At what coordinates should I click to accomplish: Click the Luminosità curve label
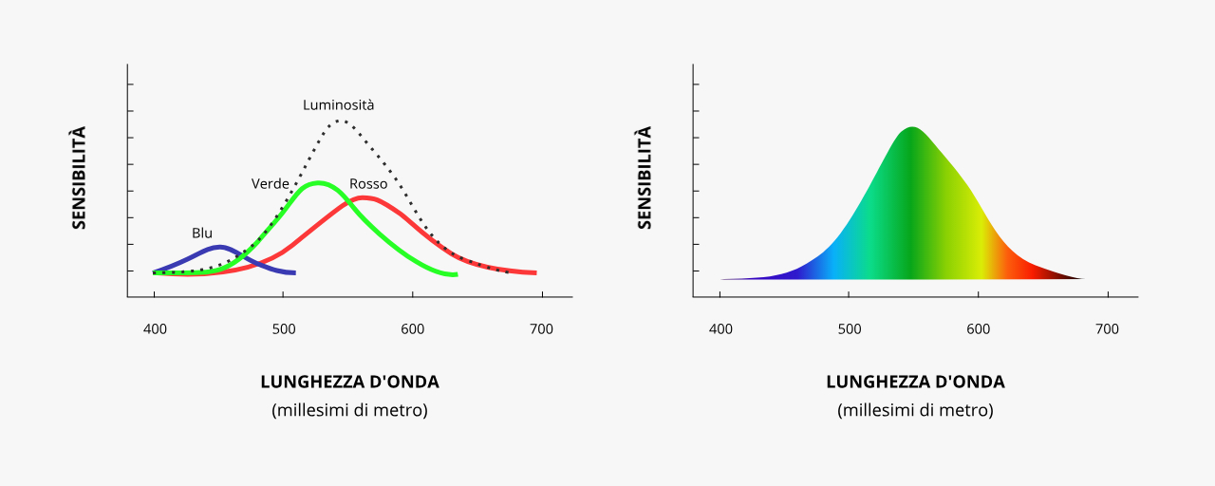(x=338, y=105)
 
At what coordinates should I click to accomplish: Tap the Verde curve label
(x=270, y=183)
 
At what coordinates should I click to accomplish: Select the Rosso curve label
(x=368, y=184)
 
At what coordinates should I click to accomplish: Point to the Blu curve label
(x=202, y=233)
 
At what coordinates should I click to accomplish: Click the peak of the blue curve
(x=220, y=247)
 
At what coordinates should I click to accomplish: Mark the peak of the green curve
(x=317, y=182)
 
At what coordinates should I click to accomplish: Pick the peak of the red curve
(x=362, y=197)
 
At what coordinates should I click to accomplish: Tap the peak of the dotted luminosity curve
(x=338, y=121)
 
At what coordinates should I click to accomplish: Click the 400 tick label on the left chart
(x=155, y=329)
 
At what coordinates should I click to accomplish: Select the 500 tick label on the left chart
(x=283, y=329)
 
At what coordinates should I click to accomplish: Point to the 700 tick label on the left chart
(x=541, y=329)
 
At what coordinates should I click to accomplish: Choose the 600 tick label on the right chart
(x=978, y=329)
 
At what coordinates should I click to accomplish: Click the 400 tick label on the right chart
(x=720, y=329)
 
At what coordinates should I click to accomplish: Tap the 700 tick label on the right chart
(x=1107, y=329)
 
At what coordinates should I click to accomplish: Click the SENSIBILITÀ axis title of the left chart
(x=79, y=178)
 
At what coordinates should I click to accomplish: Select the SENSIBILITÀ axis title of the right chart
(x=645, y=178)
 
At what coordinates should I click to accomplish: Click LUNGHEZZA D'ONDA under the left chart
(x=349, y=382)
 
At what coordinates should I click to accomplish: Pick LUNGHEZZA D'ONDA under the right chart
(x=915, y=382)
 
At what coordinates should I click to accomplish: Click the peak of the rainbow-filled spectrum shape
(x=912, y=127)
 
